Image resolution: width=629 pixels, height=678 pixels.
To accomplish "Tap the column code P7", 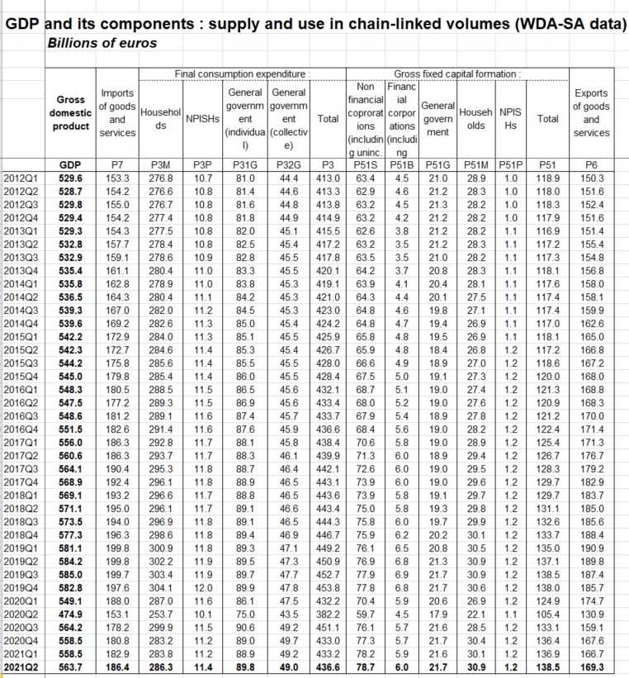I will click(116, 164).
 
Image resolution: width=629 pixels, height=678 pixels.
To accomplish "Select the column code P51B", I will click(400, 164).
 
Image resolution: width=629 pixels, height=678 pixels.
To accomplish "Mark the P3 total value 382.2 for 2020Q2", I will click(328, 612).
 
